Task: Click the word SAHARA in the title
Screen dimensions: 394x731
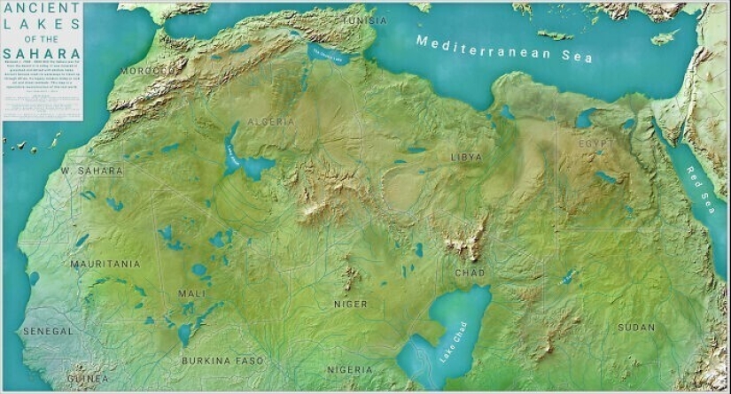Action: [42, 53]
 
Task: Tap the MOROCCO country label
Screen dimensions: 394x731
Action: [147, 70]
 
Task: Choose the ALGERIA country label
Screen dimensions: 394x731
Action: [271, 121]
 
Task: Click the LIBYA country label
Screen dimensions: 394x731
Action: [467, 157]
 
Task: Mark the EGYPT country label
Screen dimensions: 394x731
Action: [595, 143]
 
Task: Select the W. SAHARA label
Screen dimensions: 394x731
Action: [91, 170]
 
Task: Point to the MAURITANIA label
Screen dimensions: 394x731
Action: [105, 264]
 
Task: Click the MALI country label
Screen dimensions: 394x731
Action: [191, 293]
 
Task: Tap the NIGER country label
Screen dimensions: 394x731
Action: [350, 304]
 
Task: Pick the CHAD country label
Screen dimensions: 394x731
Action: [469, 274]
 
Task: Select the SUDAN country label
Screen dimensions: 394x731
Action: [636, 328]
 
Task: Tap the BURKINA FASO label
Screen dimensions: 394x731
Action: [222, 360]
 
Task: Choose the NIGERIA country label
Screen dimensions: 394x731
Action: [350, 369]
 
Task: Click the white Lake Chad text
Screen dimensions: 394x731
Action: [450, 341]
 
